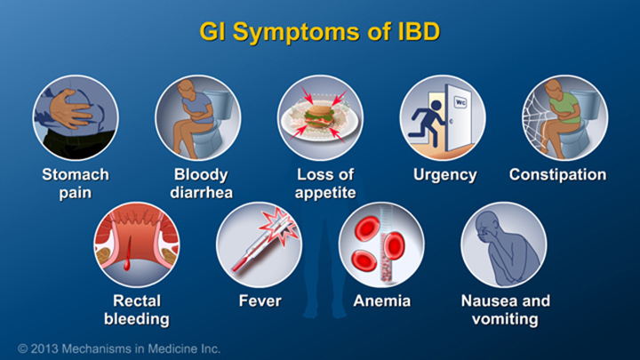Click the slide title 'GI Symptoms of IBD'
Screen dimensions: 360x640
click(x=319, y=34)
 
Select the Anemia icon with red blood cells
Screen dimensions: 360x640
click(x=381, y=244)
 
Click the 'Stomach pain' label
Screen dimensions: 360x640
click(x=76, y=183)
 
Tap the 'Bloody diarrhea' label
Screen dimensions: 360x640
click(x=197, y=183)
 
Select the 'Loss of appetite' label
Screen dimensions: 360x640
click(x=320, y=183)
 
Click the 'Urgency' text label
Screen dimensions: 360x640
click(x=442, y=175)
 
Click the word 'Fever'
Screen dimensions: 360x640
click(x=260, y=301)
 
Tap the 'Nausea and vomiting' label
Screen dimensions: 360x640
click(x=505, y=309)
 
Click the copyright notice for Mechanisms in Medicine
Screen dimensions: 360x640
click(x=119, y=348)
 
